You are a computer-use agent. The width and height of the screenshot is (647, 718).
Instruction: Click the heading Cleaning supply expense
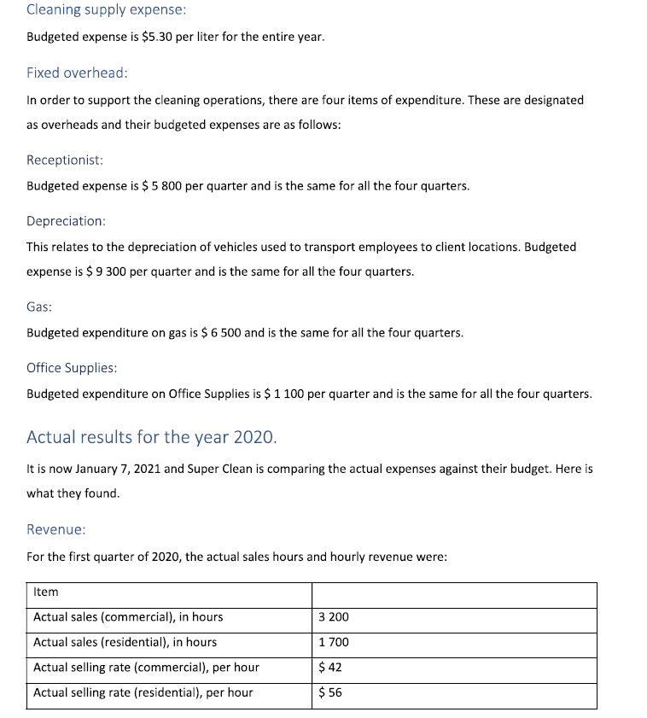tap(106, 10)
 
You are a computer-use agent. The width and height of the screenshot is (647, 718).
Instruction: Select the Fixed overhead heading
tap(77, 73)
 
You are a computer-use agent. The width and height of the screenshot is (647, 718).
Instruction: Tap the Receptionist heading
tap(65, 160)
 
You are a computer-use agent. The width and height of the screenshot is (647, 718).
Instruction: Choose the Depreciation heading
tap(66, 221)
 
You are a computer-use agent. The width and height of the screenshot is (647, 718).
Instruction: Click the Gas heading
tap(39, 306)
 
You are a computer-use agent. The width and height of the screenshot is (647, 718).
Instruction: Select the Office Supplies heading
tap(72, 368)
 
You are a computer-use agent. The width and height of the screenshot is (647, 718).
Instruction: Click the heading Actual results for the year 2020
tap(151, 437)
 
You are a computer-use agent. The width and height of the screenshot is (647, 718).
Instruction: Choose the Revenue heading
tap(55, 529)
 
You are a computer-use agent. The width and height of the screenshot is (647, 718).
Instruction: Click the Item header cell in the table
tap(46, 592)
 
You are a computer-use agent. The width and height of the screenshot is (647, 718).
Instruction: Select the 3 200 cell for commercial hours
tap(333, 617)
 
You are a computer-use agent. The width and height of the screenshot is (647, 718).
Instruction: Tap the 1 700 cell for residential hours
tap(333, 642)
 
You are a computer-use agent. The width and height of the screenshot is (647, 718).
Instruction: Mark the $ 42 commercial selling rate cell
tap(329, 668)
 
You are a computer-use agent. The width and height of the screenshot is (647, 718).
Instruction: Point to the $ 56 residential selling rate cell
tap(329, 692)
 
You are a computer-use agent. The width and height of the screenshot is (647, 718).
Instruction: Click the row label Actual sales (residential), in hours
tap(125, 642)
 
